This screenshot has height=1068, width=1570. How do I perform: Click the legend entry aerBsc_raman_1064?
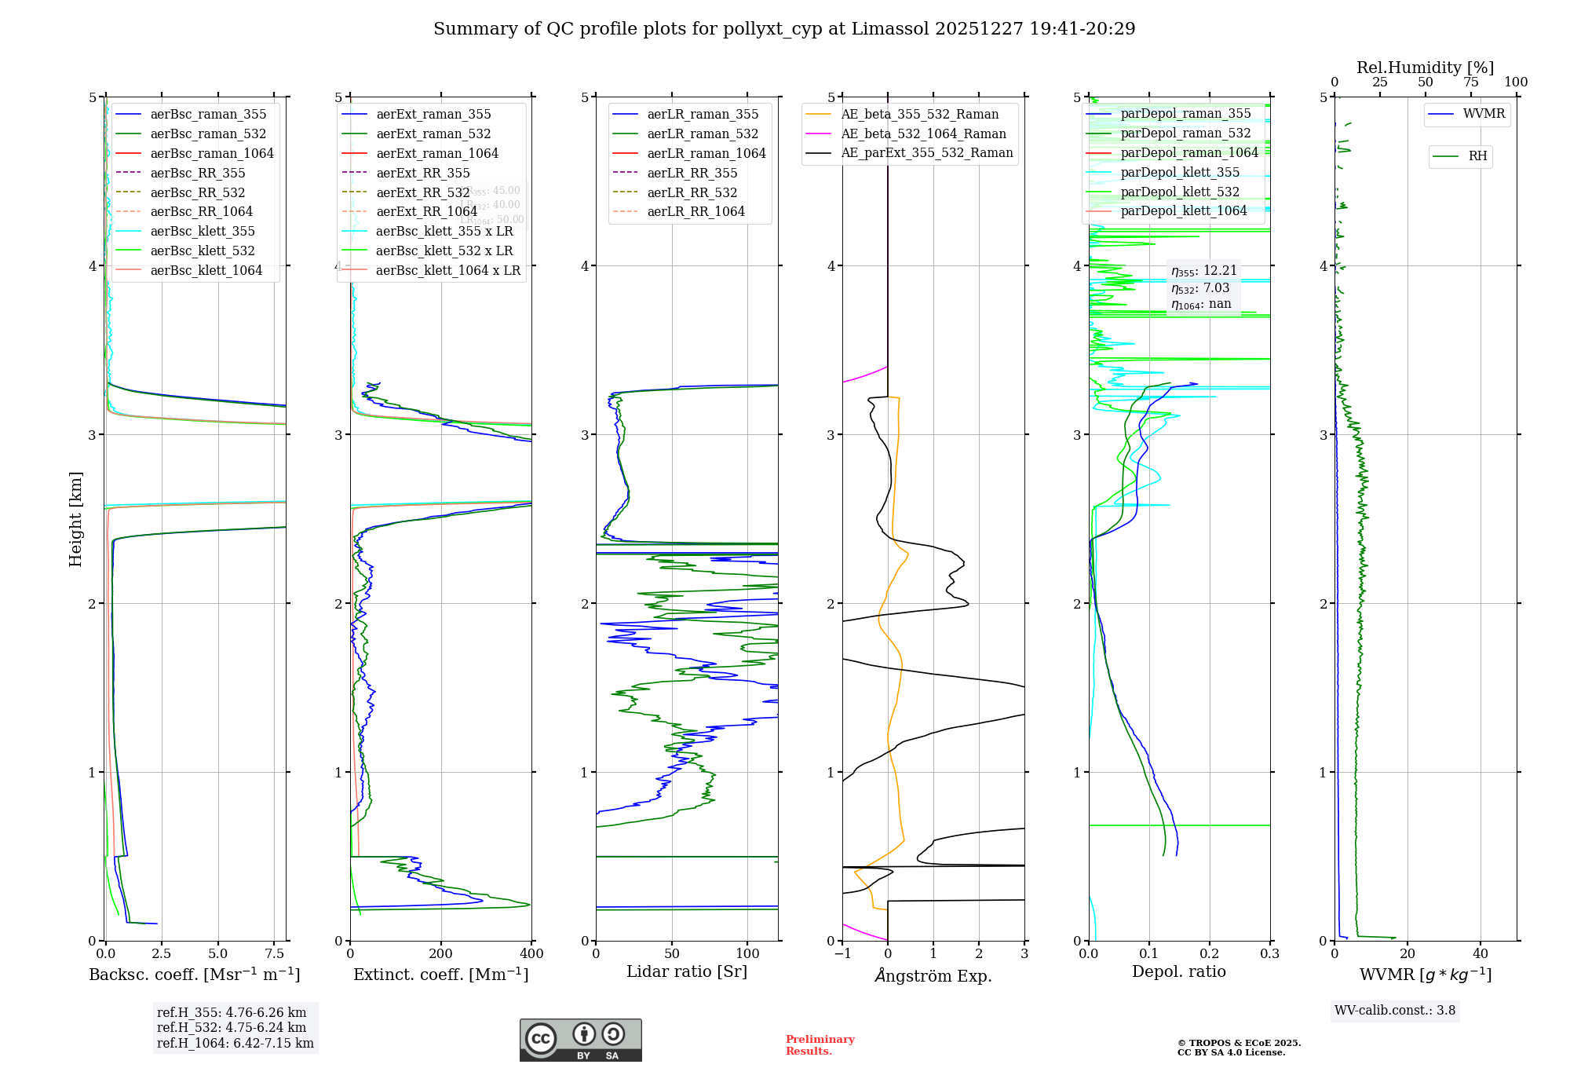(x=212, y=153)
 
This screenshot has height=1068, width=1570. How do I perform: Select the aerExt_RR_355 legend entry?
(x=422, y=173)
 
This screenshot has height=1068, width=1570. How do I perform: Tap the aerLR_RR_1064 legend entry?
(x=696, y=211)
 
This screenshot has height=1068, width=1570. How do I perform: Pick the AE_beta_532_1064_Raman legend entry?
(x=923, y=133)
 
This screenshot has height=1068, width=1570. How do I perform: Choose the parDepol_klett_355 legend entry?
(x=1180, y=172)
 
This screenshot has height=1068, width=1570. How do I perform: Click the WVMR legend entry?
(x=1484, y=114)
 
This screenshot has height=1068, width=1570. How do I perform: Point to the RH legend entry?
(x=1477, y=156)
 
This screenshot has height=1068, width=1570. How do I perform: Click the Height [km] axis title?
(x=75, y=519)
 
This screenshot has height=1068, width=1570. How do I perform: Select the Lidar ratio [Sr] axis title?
(x=687, y=971)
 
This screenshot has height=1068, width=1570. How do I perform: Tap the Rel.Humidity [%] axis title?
(x=1425, y=68)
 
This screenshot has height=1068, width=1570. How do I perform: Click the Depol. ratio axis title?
(x=1178, y=971)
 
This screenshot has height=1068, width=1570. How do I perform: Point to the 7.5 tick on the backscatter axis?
(x=274, y=954)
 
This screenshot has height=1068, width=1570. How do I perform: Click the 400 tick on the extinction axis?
(x=531, y=954)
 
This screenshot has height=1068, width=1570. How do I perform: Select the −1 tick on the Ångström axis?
(x=842, y=954)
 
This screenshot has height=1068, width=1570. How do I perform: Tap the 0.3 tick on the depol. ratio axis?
(x=1269, y=954)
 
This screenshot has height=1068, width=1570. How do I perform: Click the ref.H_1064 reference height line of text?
(x=235, y=1044)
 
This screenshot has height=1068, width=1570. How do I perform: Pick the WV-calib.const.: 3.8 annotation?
(x=1395, y=1011)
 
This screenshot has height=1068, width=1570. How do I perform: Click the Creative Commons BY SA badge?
(x=580, y=1040)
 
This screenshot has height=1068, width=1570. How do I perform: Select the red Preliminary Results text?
(x=820, y=1045)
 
